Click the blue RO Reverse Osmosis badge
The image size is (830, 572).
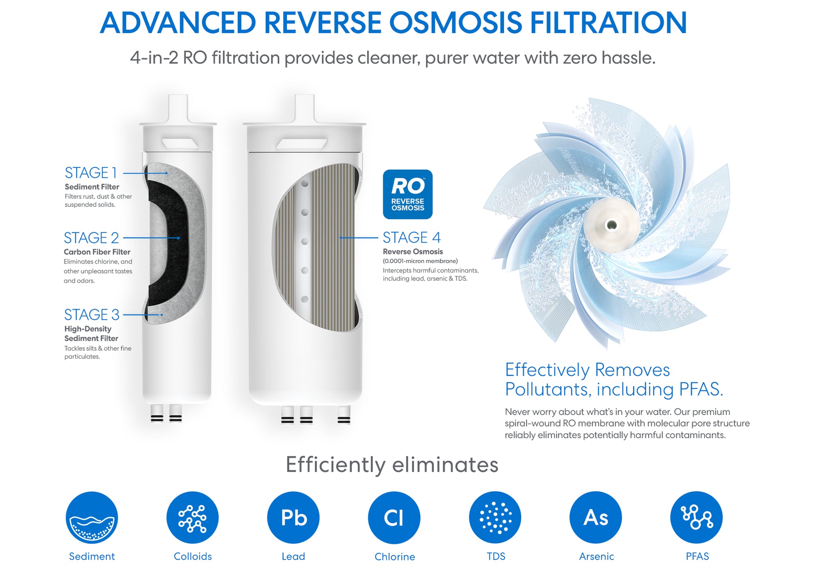(x=407, y=194)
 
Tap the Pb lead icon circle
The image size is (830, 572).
(x=293, y=517)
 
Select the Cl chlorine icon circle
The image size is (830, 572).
(x=394, y=517)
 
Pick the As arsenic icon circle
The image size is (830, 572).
(x=595, y=517)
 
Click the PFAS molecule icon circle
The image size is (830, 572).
(x=696, y=517)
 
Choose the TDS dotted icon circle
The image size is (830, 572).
(x=495, y=517)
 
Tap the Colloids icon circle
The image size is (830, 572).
(x=193, y=517)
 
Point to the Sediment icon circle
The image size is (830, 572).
(x=92, y=517)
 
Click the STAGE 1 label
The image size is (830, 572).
(x=91, y=173)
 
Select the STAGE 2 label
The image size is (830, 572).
(x=91, y=238)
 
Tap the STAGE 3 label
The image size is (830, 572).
(x=92, y=315)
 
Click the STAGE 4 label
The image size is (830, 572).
(x=411, y=237)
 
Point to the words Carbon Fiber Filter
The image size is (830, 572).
(x=97, y=252)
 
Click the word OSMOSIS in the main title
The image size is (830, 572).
(x=456, y=23)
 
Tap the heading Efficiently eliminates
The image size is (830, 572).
(x=392, y=465)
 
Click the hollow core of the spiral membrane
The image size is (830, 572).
(x=612, y=225)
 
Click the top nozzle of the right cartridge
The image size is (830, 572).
(x=304, y=109)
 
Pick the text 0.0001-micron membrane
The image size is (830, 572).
(x=420, y=261)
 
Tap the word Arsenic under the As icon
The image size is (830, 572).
(x=596, y=557)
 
